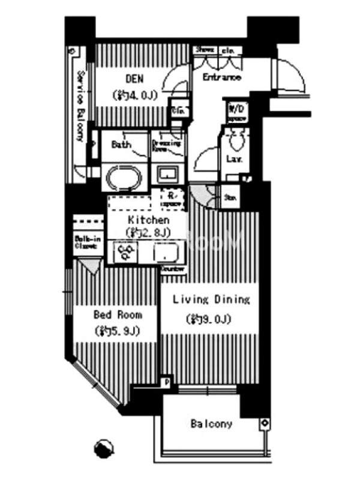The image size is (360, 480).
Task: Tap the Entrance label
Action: tap(221, 77)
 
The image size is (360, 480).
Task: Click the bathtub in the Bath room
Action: tap(123, 178)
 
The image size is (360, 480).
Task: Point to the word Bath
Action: tap(122, 145)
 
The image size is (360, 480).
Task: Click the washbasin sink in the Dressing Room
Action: tap(167, 175)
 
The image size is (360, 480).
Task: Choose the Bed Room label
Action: tap(118, 314)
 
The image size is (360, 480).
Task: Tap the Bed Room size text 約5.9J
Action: tap(118, 331)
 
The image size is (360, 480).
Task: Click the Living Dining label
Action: tap(211, 299)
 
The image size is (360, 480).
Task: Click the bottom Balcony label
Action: tap(211, 424)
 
